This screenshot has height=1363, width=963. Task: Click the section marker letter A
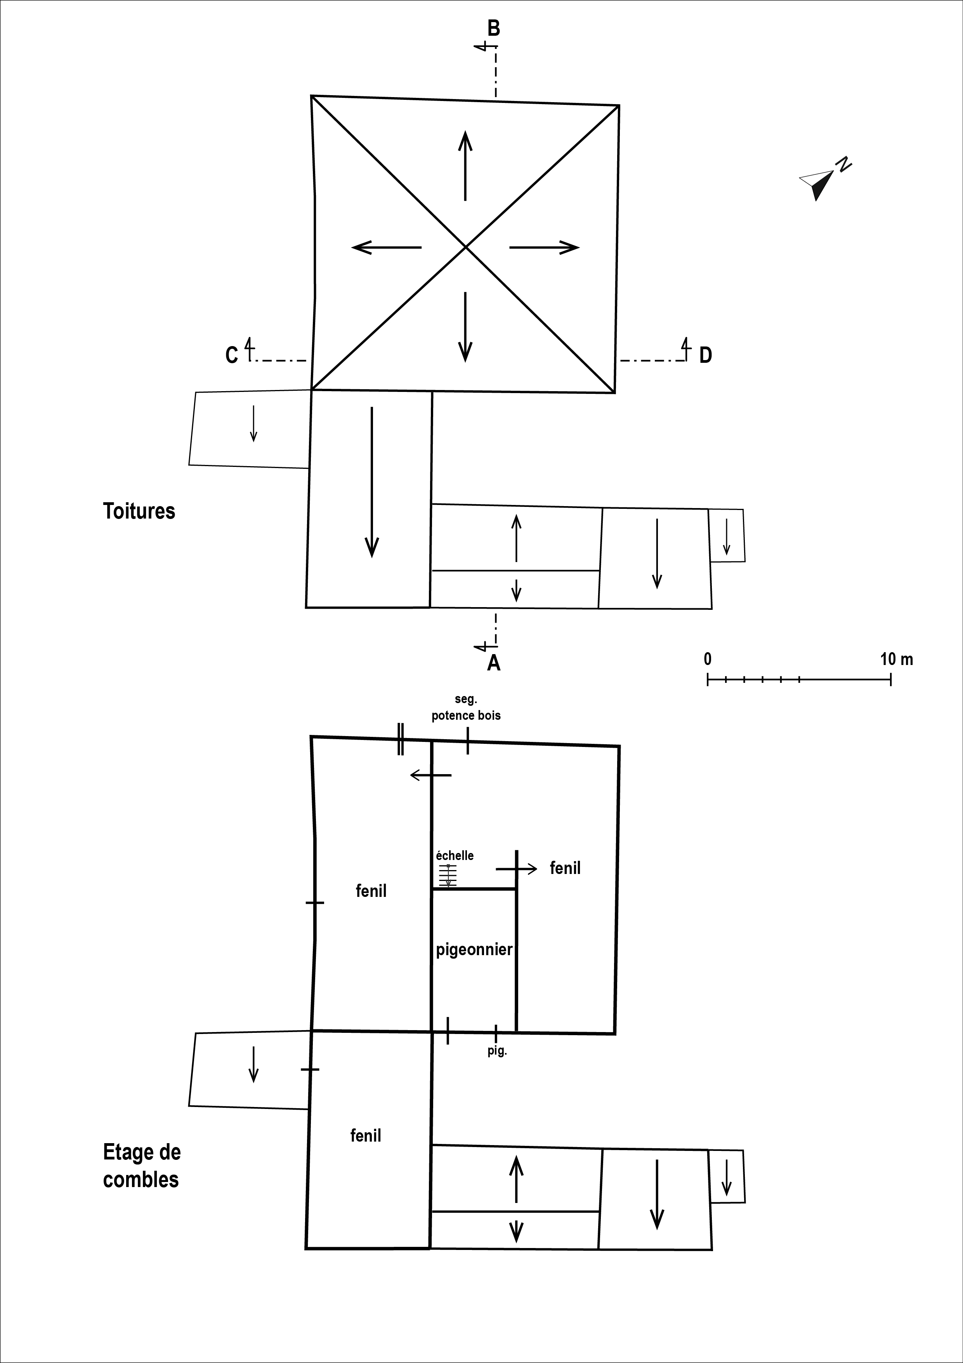494,663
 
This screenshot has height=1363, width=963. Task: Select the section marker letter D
706,355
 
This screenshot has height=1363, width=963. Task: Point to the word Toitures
139,511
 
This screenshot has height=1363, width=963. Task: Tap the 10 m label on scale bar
897,659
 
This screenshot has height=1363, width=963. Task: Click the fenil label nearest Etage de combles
366,1136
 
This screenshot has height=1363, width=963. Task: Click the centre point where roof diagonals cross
466,246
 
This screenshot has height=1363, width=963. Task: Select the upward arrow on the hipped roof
465,165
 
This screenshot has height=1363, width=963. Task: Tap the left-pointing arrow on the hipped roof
386,247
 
